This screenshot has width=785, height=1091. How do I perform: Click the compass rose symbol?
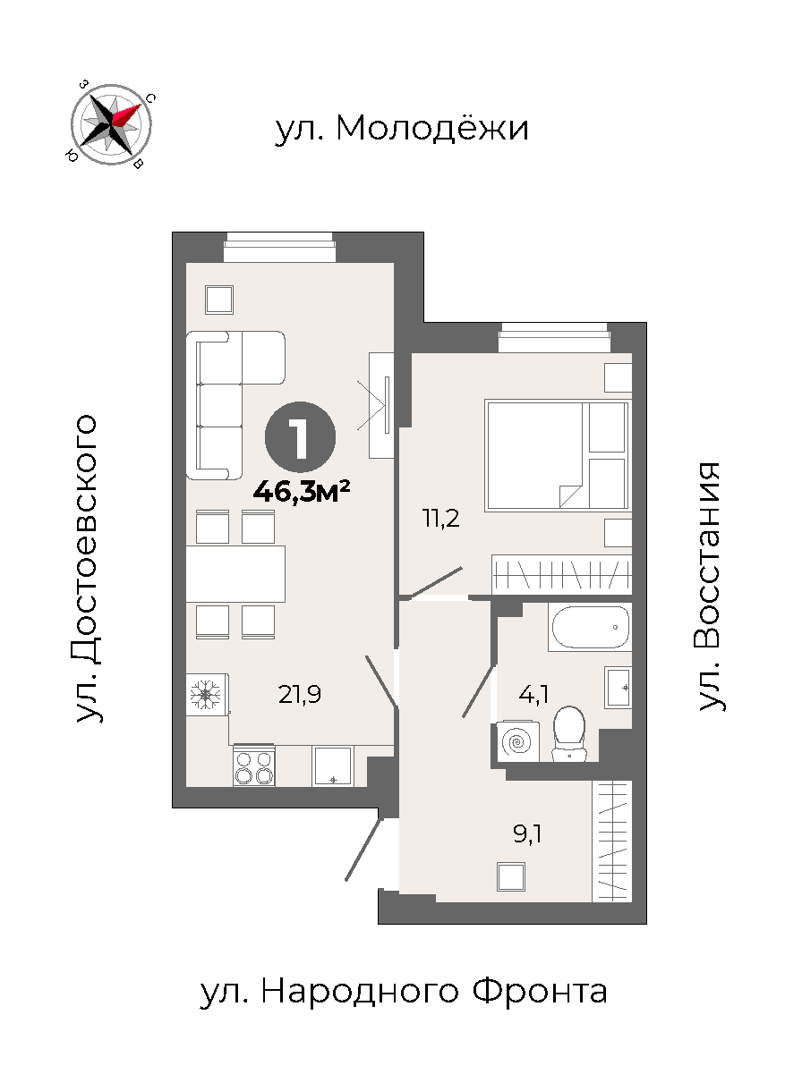pos(111,124)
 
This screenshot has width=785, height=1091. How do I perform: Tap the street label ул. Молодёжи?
pos(402,129)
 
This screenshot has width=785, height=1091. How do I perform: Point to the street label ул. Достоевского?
pos(87,569)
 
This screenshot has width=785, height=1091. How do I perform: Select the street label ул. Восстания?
pos(710,587)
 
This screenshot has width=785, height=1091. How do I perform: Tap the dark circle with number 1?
pos(300,437)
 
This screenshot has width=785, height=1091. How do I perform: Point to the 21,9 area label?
pos(300,694)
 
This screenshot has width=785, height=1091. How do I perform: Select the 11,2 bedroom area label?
pos(440,519)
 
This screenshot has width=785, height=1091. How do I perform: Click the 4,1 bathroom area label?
pos(533,694)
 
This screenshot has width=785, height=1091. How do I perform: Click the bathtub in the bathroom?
pos(591,628)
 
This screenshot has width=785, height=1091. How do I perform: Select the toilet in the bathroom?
pos(569,734)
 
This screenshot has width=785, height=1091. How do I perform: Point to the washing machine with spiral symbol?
pos(518,742)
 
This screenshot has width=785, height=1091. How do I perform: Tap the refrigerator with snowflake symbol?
pos(207,694)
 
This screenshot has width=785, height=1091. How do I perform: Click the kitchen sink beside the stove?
pos(333,765)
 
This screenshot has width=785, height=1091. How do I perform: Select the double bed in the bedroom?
pos(557,456)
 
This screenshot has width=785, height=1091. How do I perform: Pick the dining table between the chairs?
pos(235,574)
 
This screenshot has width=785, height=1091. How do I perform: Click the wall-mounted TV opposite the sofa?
pos(381,405)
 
